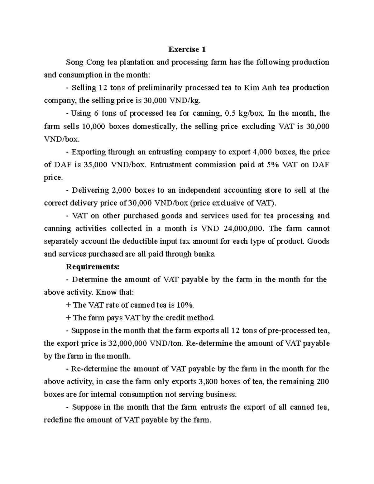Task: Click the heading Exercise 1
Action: point(187,49)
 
